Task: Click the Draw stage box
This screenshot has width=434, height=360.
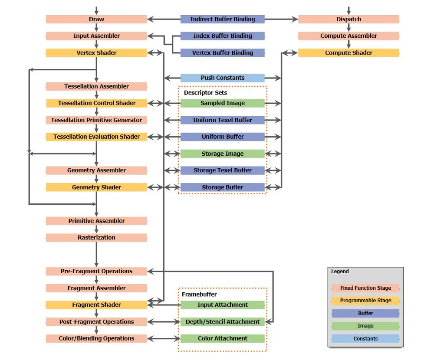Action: (x=96, y=19)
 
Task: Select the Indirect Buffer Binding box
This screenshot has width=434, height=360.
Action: (x=222, y=19)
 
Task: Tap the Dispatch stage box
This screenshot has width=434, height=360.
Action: (x=349, y=19)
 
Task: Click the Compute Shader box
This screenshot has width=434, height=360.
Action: (x=349, y=53)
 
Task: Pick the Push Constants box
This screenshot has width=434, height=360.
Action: (x=222, y=78)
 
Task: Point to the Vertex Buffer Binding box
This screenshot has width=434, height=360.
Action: (x=222, y=53)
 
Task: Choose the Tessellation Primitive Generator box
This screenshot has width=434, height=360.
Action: (x=96, y=120)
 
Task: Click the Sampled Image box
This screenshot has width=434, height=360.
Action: (x=222, y=103)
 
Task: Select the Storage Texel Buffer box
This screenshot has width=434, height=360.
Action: (x=222, y=170)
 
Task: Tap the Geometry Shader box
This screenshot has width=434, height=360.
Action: (x=96, y=187)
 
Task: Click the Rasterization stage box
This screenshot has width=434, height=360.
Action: (x=96, y=238)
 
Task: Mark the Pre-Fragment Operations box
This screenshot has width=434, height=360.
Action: (x=96, y=272)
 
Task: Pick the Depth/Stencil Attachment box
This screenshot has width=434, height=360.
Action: (x=222, y=322)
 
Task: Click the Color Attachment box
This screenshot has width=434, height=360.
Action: (x=222, y=339)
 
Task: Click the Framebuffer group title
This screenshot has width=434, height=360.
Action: (x=199, y=295)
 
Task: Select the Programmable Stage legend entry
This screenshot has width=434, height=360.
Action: (x=365, y=301)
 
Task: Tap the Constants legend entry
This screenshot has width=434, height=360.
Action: (x=365, y=339)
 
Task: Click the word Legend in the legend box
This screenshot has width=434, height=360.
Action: (x=340, y=272)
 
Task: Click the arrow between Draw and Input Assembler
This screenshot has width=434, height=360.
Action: (x=96, y=27)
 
